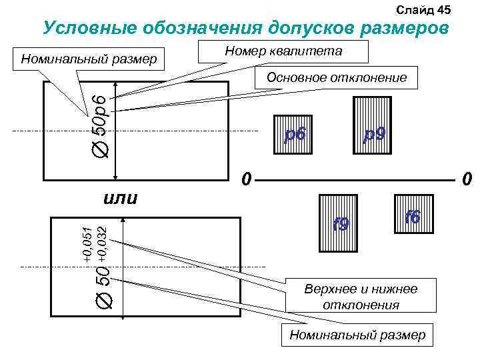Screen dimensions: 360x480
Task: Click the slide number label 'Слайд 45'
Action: pyautogui.click(x=424, y=9)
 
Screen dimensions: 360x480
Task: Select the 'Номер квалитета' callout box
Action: pyautogui.click(x=283, y=52)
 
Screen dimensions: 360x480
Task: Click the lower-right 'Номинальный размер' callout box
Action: pyautogui.click(x=357, y=334)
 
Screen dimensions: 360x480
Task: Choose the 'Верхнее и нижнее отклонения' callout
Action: pyautogui.click(x=361, y=297)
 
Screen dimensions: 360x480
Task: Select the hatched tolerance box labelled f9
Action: pyautogui.click(x=340, y=223)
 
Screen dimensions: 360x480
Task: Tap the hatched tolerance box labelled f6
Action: pyautogui.click(x=413, y=216)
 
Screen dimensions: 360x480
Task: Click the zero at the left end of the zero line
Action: pyautogui.click(x=245, y=179)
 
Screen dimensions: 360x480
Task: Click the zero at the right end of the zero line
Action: pyautogui.click(x=467, y=179)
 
